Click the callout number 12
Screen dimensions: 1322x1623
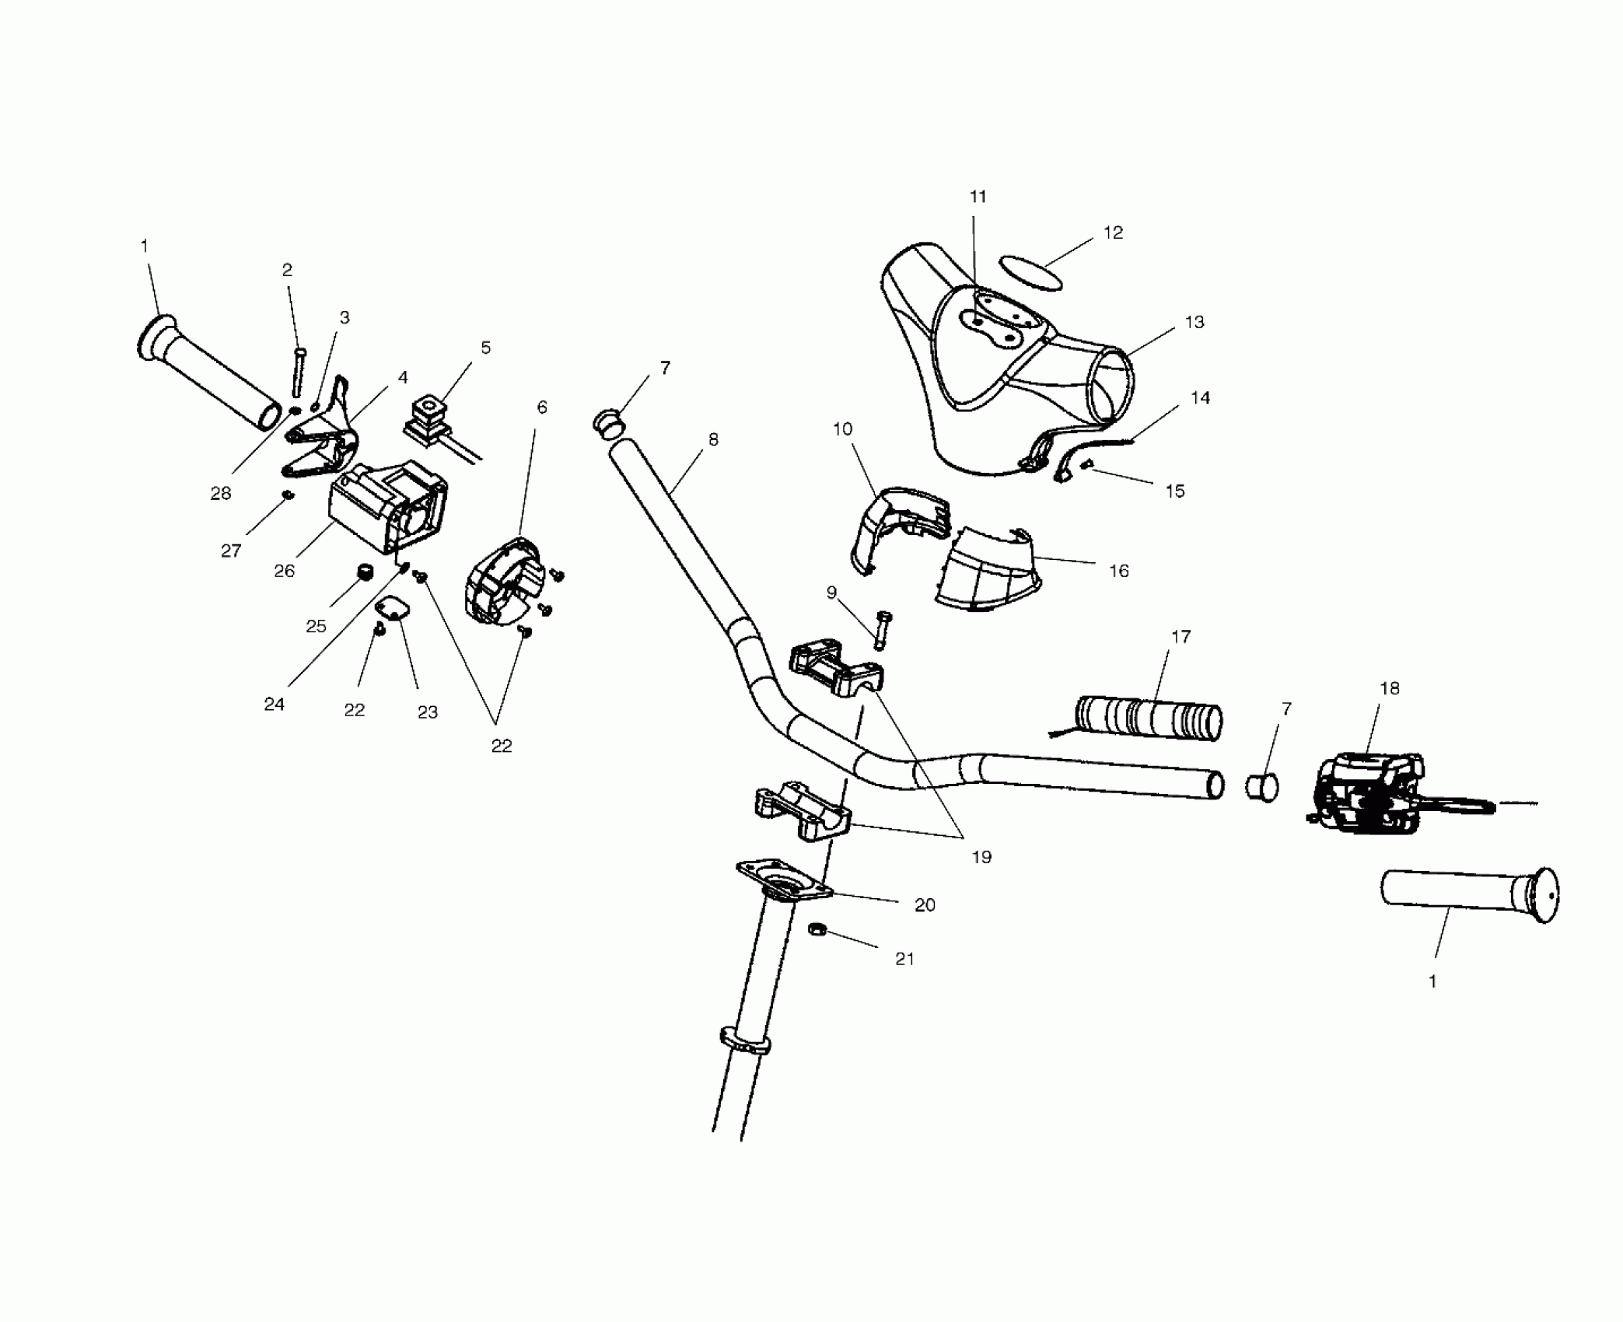point(1113,233)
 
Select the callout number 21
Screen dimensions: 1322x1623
point(904,959)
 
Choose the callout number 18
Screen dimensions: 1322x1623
point(1389,688)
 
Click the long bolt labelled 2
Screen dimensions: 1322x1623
point(299,372)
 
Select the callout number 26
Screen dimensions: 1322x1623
point(285,571)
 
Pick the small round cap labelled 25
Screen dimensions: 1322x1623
point(362,573)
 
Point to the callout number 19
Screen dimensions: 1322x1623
point(981,857)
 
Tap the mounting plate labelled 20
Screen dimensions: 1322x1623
point(783,880)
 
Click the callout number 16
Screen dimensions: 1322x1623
point(1118,571)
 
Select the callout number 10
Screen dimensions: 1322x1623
point(843,428)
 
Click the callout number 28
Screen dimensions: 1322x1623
point(221,493)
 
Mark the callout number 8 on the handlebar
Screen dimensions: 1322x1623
point(713,439)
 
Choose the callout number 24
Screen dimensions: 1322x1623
point(274,704)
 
